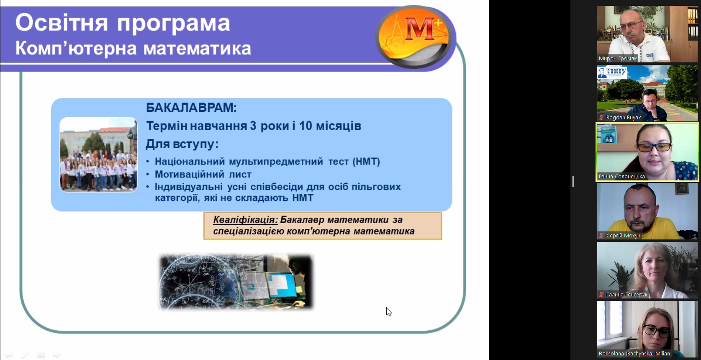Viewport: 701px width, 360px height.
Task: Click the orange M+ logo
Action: [414, 36]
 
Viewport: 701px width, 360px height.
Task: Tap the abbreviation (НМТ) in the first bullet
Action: [366, 162]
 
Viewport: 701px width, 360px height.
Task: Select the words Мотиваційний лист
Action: [203, 174]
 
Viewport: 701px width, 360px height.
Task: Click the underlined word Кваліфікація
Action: [245, 220]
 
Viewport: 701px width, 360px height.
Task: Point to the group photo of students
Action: [99, 154]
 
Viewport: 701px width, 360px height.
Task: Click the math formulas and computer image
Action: [236, 282]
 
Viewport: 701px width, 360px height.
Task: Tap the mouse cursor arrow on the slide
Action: [388, 311]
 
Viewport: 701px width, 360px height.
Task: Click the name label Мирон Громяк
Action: [617, 59]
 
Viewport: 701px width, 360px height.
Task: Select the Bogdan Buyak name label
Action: [624, 118]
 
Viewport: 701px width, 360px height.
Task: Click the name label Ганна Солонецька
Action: [621, 177]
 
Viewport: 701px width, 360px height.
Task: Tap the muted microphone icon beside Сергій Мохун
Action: [602, 236]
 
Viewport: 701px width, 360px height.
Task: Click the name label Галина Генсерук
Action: [627, 295]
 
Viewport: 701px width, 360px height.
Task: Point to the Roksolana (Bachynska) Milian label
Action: [634, 354]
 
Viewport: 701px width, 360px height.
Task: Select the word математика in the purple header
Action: [197, 49]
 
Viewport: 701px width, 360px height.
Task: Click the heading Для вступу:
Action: [182, 144]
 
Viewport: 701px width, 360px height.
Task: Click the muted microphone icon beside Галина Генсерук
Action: [602, 295]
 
